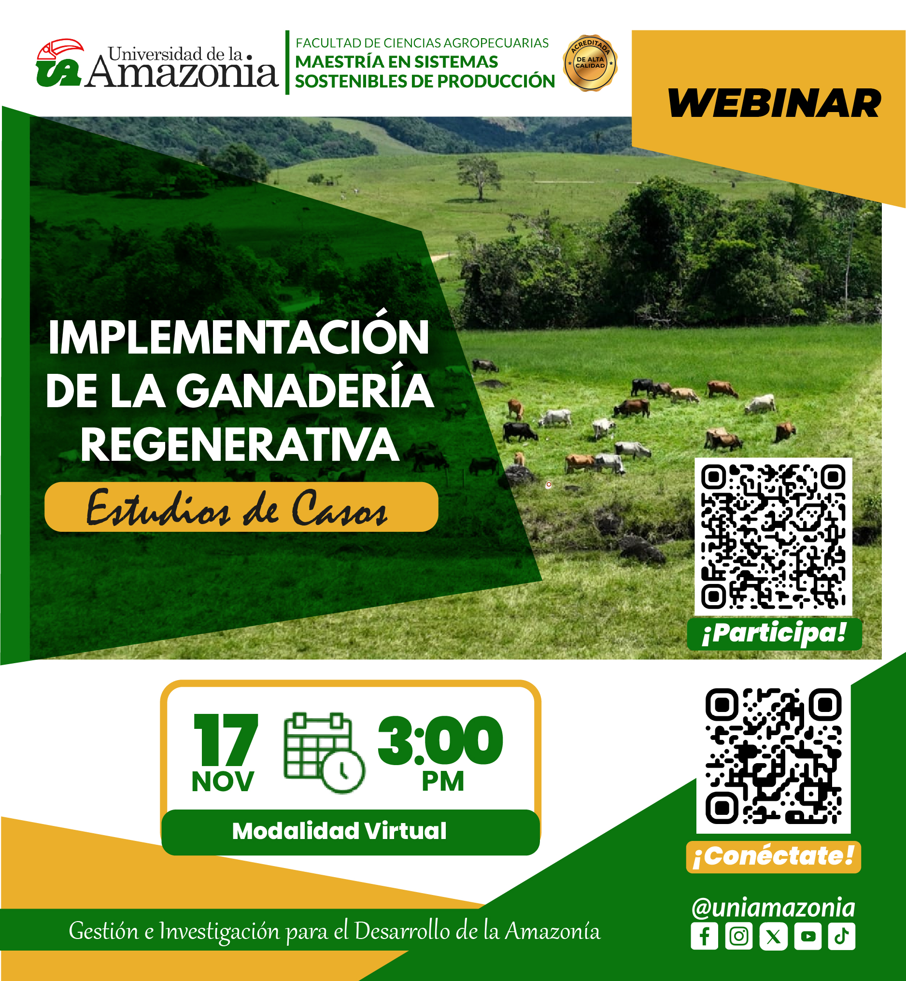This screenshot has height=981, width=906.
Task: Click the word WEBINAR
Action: [x=775, y=103]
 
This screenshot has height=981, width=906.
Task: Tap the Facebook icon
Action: [x=705, y=937]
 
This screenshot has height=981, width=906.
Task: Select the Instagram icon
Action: [x=739, y=937]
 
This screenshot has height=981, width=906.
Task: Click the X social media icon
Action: [x=773, y=937]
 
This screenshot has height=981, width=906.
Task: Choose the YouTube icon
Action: [x=808, y=937]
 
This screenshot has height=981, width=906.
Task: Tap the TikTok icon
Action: [x=842, y=937]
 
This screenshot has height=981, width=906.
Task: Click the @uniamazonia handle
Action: [x=773, y=908]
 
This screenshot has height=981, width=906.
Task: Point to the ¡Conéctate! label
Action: [x=773, y=856]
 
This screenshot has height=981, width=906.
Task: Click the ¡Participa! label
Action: [x=774, y=634]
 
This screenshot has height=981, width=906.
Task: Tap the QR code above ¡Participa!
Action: [x=773, y=536]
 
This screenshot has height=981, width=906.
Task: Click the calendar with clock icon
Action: [x=324, y=753]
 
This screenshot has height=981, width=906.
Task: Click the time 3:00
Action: [x=440, y=740]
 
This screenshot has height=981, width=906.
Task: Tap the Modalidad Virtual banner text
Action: [x=339, y=831]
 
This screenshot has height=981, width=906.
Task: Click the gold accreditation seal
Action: [x=590, y=63]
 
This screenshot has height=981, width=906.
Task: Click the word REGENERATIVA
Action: [x=240, y=445]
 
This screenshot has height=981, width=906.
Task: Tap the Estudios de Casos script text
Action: [x=237, y=508]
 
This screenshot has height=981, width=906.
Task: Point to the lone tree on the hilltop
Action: [x=480, y=177]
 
